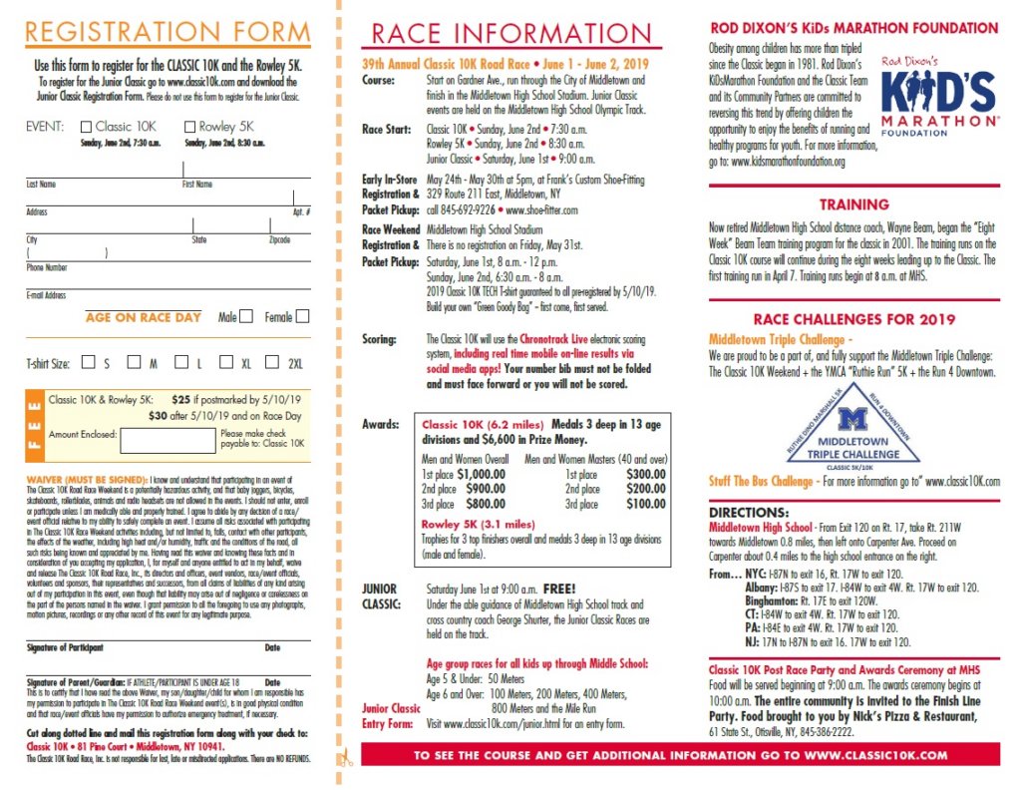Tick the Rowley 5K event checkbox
[x=190, y=127]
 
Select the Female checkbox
[x=302, y=316]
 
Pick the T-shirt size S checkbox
[x=88, y=363]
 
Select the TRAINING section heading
[x=853, y=204]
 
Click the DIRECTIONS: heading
[x=751, y=512]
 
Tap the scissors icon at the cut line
[x=346, y=756]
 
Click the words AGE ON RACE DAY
[x=143, y=317]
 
